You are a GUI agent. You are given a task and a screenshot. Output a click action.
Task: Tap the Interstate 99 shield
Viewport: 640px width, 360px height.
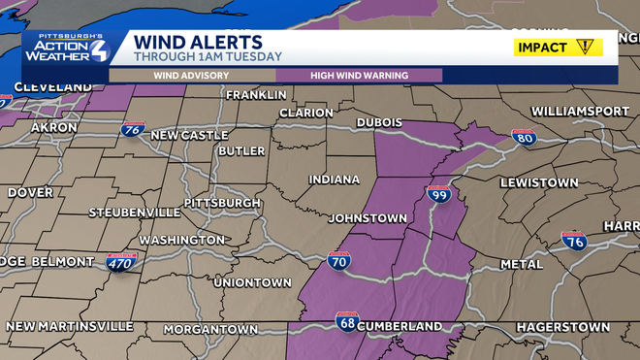click(438, 194)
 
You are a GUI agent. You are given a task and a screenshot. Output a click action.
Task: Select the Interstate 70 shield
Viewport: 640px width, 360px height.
click(339, 260)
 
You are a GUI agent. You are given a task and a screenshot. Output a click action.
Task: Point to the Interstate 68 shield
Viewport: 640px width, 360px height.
click(346, 320)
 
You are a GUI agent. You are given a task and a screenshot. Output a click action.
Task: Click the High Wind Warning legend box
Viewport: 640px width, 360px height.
click(359, 75)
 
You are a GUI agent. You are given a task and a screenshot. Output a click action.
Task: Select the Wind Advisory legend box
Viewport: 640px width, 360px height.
click(192, 75)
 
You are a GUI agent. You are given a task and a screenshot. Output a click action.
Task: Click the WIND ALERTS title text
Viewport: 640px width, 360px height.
click(198, 42)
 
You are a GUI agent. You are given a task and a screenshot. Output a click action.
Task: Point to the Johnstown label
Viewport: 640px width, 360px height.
click(368, 218)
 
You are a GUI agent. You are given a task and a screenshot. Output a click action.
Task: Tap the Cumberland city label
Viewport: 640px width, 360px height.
click(400, 326)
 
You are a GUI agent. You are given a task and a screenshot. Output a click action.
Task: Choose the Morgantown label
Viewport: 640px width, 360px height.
click(210, 330)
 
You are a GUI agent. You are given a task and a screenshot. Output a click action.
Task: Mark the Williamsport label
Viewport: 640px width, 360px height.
click(580, 112)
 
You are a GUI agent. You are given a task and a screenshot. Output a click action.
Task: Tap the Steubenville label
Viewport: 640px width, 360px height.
click(135, 212)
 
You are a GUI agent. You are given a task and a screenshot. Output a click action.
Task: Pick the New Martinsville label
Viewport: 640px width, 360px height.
click(70, 324)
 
